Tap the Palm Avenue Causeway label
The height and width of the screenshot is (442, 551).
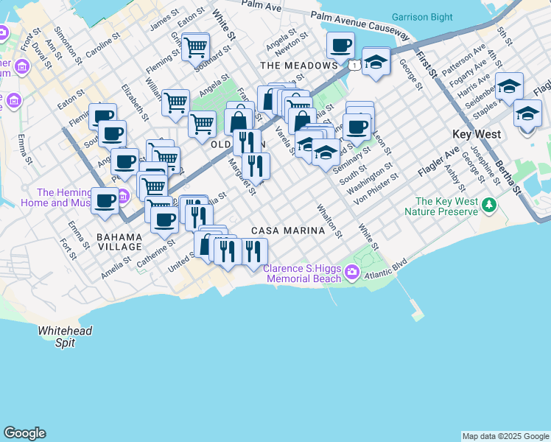(359, 24)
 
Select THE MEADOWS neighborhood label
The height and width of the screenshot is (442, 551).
(298, 66)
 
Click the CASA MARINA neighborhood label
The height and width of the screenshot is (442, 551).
(288, 231)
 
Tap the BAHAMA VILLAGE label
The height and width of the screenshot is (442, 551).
(119, 242)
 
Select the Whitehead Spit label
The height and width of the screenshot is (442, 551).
(66, 336)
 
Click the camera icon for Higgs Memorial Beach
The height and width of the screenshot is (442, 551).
(352, 273)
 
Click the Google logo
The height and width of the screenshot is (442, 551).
(24, 433)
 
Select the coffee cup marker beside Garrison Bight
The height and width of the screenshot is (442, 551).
(340, 46)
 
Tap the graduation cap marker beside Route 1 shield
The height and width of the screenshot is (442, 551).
(376, 62)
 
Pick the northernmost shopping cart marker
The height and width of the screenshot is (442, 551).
(195, 49)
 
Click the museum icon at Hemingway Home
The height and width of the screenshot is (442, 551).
(123, 196)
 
